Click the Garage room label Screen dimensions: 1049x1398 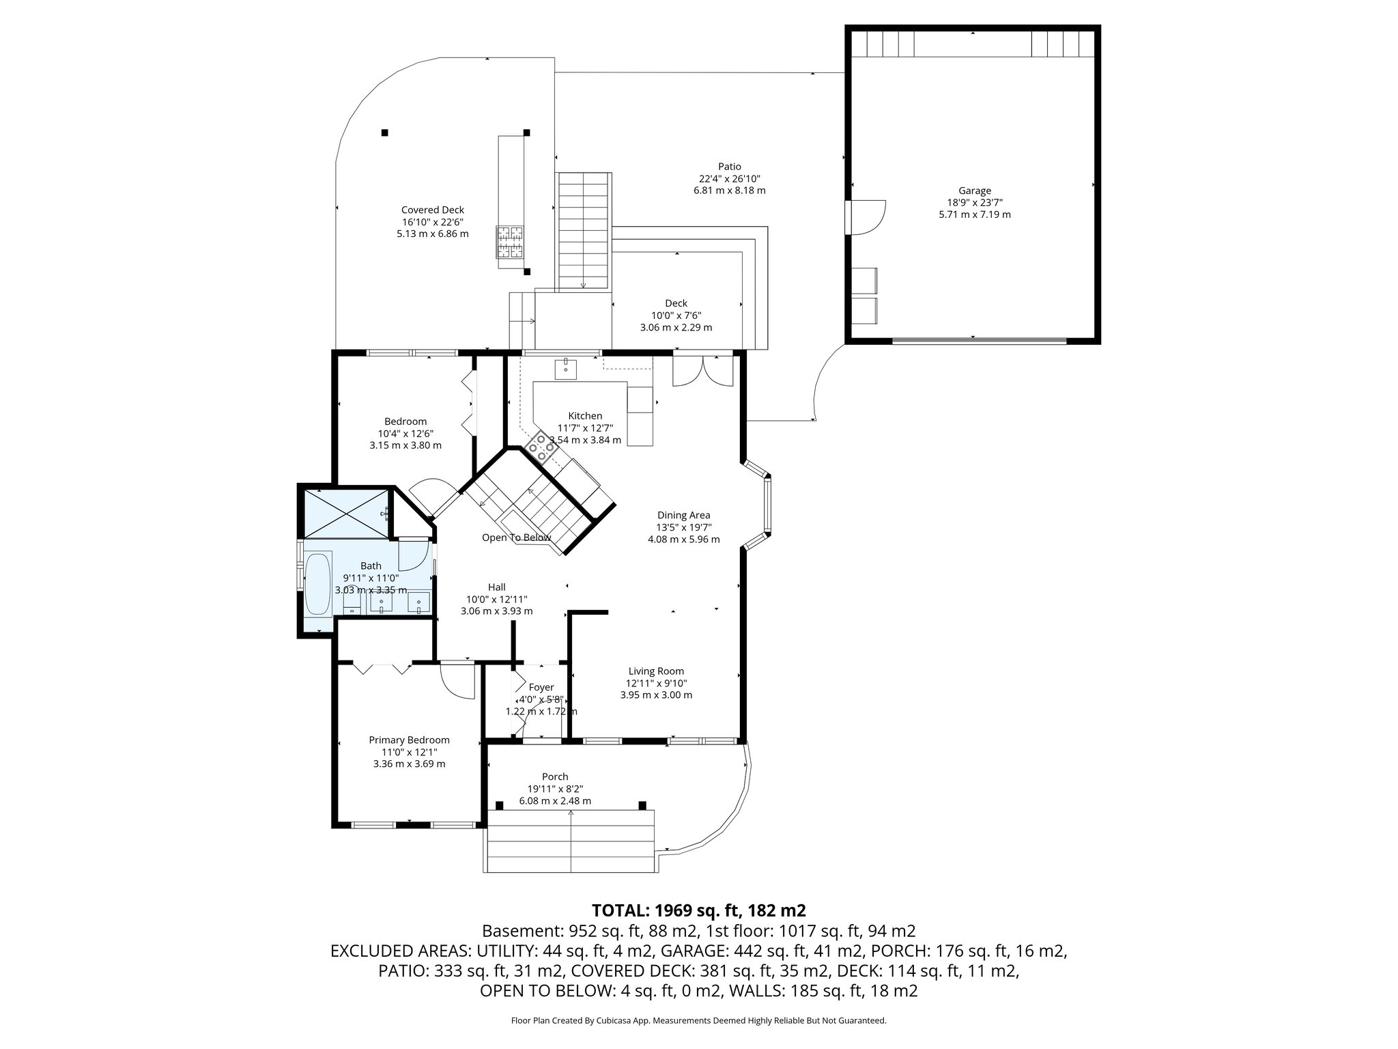[974, 191]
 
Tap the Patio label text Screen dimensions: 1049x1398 [729, 167]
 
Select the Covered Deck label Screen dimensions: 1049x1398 [432, 210]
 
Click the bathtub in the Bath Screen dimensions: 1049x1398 [317, 584]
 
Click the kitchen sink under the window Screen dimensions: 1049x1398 [566, 369]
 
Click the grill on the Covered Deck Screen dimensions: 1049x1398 [511, 242]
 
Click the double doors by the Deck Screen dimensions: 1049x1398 [702, 371]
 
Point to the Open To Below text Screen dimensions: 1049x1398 [516, 537]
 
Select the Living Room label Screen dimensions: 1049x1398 [656, 671]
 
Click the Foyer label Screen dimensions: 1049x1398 [541, 687]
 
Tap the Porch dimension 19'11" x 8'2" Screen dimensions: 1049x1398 [555, 789]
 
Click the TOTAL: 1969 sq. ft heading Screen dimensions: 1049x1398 [699, 910]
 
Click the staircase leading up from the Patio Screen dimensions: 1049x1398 [584, 232]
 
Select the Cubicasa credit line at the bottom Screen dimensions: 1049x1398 [698, 1021]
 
